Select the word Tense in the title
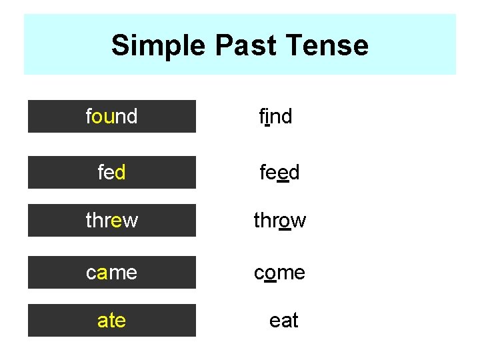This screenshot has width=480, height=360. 329,46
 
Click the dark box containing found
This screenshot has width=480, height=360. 112,117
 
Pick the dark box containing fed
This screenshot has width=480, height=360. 112,173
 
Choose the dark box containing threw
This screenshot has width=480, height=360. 112,221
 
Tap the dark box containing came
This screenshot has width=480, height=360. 112,273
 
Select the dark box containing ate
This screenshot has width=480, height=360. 112,321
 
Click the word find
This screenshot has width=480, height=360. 275,117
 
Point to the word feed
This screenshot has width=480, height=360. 279,173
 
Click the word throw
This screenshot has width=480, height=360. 279,221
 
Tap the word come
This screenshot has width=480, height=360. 279,273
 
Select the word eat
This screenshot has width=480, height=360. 283,321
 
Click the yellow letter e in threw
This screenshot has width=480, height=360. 116,221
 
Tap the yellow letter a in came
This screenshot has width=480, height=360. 101,273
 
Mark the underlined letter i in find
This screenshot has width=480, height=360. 267,117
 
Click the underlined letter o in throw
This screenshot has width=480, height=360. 285,221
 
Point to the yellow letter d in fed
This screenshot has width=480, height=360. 120,173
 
